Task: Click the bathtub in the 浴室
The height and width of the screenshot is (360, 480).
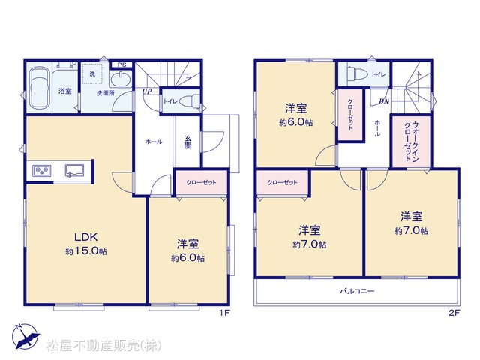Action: click(38, 88)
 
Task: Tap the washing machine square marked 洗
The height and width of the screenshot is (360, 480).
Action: click(92, 73)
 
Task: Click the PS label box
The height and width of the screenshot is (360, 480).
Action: click(121, 64)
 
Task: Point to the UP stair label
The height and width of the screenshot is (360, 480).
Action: click(147, 91)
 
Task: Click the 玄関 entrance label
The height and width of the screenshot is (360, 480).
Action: click(187, 142)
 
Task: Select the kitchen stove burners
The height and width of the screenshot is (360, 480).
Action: click(42, 170)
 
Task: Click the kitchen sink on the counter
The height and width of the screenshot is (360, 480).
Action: click(74, 170)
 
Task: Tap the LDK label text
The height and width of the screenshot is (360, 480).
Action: click(85, 237)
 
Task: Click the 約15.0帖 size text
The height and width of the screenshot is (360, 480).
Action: click(86, 251)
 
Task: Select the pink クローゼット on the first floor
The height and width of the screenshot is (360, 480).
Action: click(201, 182)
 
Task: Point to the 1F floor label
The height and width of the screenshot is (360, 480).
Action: click(224, 313)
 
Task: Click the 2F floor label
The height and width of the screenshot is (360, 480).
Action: click(454, 313)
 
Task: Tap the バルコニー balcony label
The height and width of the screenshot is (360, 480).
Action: click(357, 291)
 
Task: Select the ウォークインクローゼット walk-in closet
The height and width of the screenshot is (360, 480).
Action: click(411, 142)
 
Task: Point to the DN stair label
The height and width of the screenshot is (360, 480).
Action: click(384, 101)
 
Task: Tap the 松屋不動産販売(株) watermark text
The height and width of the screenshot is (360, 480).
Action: click(103, 345)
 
